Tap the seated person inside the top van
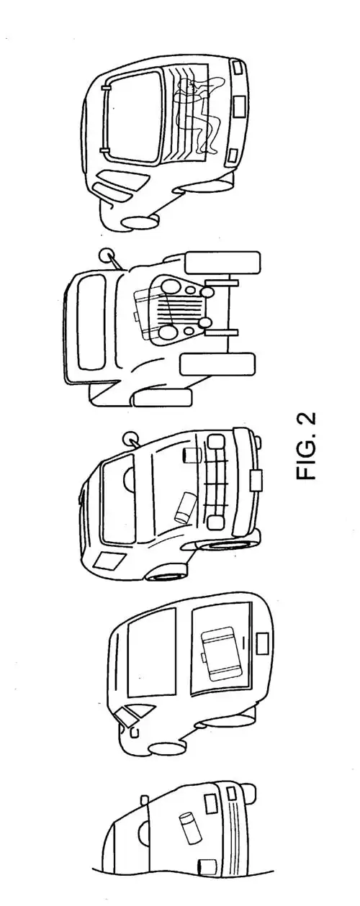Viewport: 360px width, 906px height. pyautogui.click(x=197, y=116)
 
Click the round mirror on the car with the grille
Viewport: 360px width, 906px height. pyautogui.click(x=132, y=436)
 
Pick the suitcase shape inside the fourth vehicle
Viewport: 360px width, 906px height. pyautogui.click(x=220, y=651)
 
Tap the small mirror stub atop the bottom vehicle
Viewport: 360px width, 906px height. pyautogui.click(x=145, y=799)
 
